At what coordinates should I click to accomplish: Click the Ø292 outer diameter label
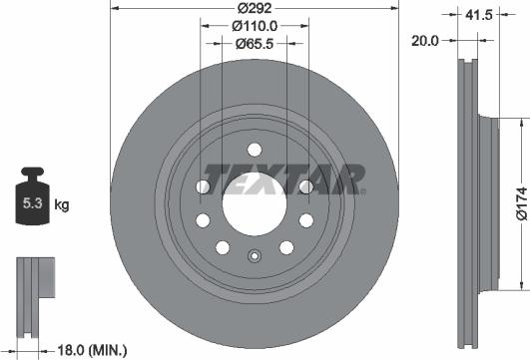coord(255,7)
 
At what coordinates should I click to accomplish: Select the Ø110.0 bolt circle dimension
coord(254,25)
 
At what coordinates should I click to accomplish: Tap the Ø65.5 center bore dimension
coord(254,43)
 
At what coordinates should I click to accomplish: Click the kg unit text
coord(62,206)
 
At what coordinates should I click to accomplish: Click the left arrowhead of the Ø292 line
coord(112,7)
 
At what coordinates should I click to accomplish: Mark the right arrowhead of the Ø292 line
coord(395,7)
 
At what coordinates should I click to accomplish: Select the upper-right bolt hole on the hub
coord(306,186)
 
